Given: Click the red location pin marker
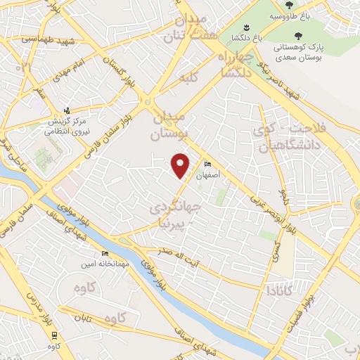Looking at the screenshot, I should pyautogui.click(x=181, y=165).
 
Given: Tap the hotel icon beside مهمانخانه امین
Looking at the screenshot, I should pyautogui.click(x=105, y=254).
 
